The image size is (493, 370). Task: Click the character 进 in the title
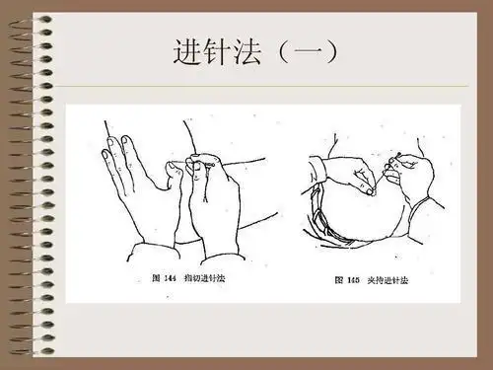(189, 51)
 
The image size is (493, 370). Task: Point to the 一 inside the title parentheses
(314, 52)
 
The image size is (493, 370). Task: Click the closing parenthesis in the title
(340, 52)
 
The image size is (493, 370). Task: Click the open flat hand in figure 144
(133, 187)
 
